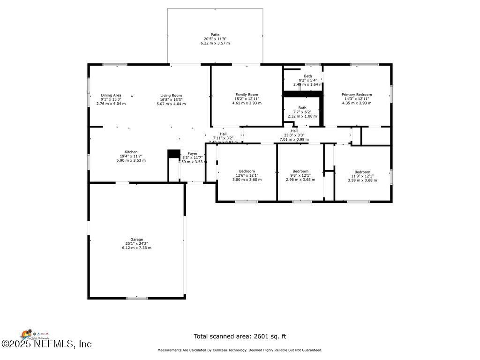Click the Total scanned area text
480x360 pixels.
240,336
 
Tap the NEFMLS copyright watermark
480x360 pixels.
46,344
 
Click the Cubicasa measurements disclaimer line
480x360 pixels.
240,350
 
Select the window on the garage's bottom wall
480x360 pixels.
137,298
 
